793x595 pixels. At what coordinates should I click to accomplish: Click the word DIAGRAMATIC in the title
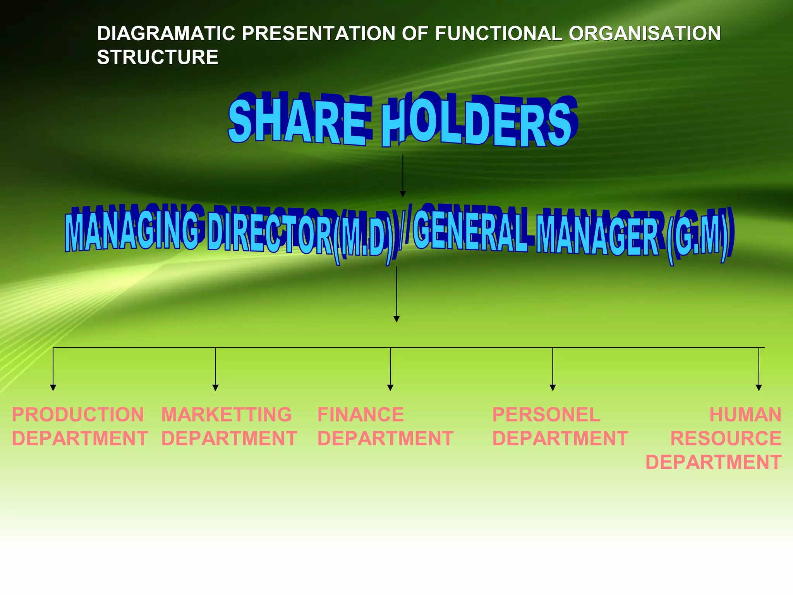(x=166, y=34)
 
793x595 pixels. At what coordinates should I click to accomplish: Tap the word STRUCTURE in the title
(x=158, y=58)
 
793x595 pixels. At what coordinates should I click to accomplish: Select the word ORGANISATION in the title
(x=644, y=34)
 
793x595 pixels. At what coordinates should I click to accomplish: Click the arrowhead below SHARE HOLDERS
(x=403, y=194)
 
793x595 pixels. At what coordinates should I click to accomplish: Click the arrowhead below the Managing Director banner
(x=396, y=319)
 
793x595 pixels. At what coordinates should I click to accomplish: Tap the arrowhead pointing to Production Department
(x=53, y=387)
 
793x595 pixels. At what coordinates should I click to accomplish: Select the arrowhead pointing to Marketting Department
(x=216, y=387)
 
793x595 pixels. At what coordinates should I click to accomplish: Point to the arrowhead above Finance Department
(x=390, y=387)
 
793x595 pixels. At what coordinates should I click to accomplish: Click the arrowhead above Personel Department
(x=553, y=387)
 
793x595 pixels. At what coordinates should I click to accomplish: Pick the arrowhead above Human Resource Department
(x=759, y=387)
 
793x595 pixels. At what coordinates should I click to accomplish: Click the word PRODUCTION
(x=78, y=415)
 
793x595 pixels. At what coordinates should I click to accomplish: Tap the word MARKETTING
(x=227, y=415)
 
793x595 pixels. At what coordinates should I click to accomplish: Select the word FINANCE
(x=360, y=415)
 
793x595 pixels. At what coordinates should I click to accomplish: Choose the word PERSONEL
(x=546, y=415)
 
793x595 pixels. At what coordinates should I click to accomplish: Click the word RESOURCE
(x=726, y=439)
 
